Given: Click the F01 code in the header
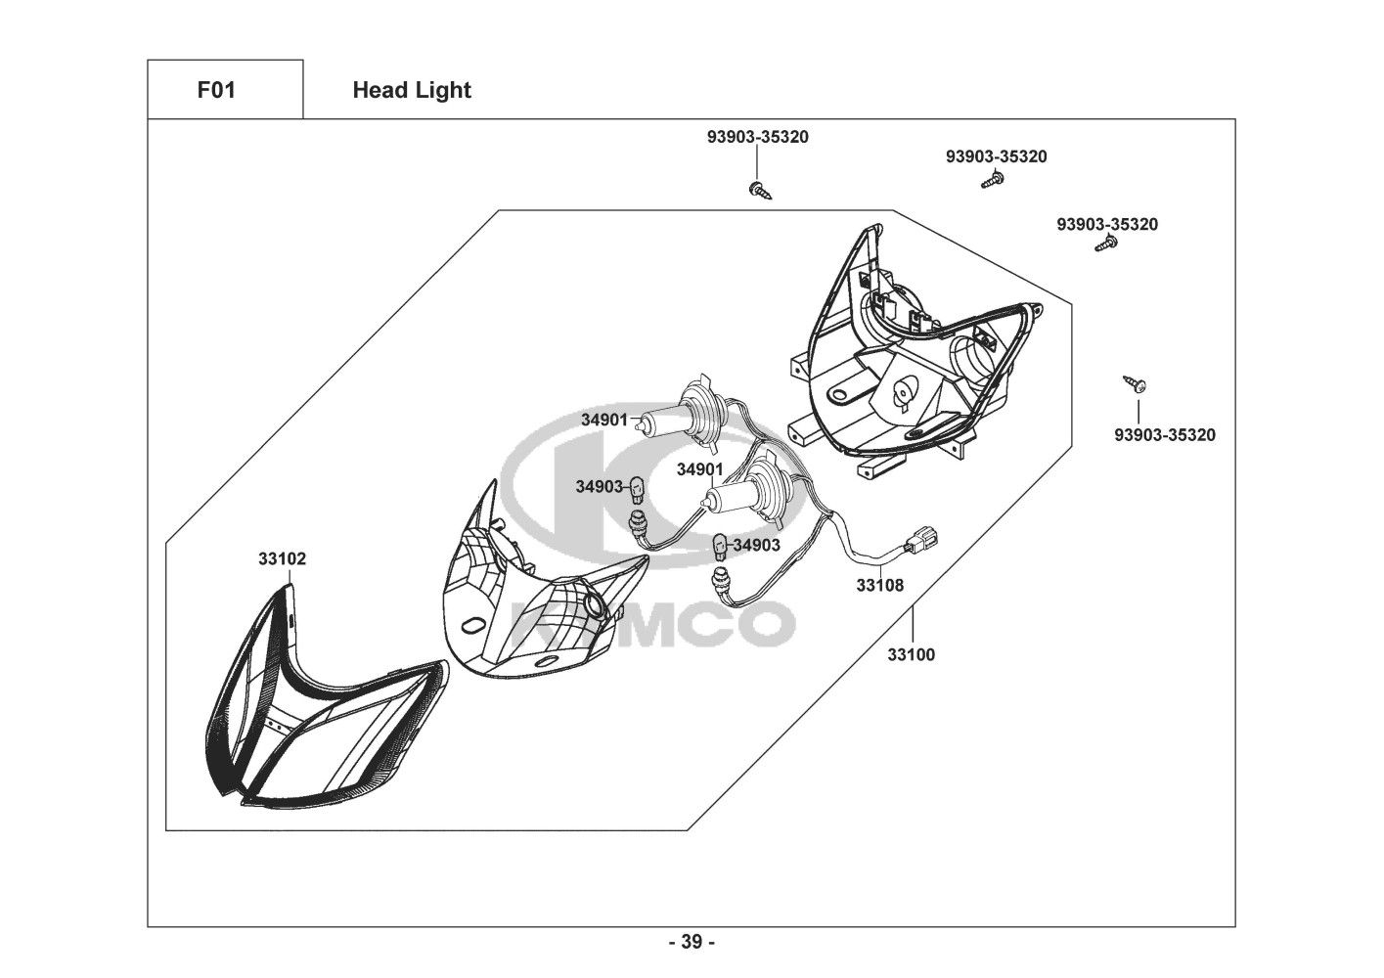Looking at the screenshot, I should [216, 90].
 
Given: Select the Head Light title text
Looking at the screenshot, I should [412, 90].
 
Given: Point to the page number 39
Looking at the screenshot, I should [692, 942].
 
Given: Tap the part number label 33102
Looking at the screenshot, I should [282, 559].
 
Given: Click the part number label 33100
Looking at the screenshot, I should [911, 654].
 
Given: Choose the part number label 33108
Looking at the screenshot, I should [880, 585].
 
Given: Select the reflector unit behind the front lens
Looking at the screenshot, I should [533, 606].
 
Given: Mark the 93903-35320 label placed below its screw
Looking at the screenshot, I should [1164, 435].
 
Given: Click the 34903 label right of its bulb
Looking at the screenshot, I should [757, 545].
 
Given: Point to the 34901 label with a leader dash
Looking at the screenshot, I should [603, 420].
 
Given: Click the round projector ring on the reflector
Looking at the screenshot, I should [594, 605].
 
